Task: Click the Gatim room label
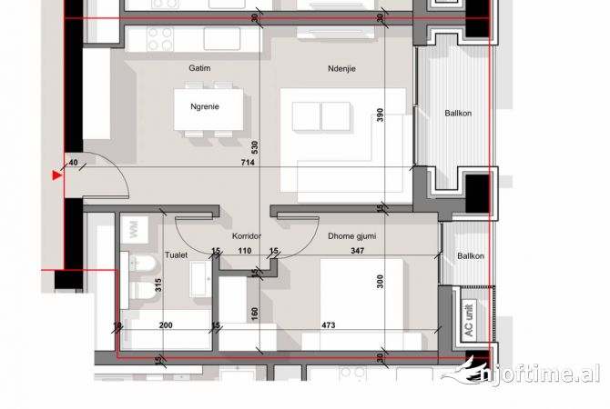199,68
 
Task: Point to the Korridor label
247,236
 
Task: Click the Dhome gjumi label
352,236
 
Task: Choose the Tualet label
176,255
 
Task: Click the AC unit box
469,320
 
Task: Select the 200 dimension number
165,324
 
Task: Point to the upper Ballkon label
459,114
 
